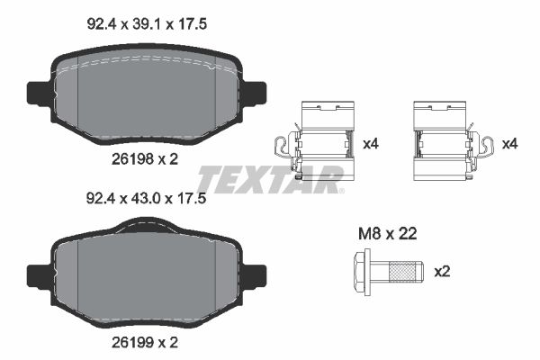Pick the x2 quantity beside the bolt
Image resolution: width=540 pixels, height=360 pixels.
click(x=440, y=270)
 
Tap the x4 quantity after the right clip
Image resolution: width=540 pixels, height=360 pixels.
click(x=510, y=143)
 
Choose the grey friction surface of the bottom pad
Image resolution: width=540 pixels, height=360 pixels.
click(x=148, y=279)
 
